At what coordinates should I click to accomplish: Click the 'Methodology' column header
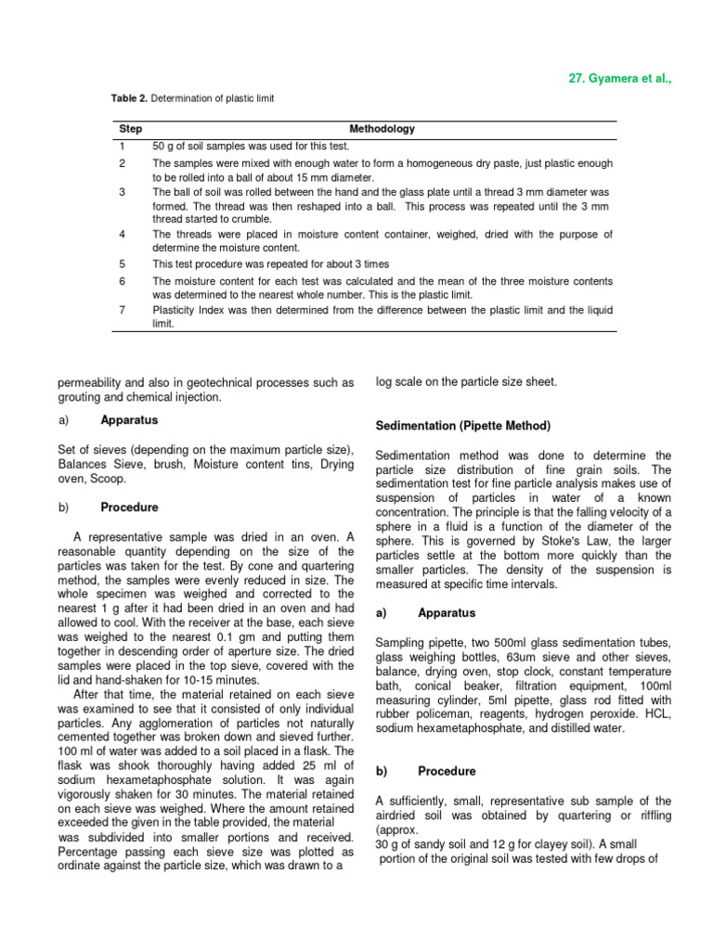tap(382, 129)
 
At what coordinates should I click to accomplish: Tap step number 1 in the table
tap(122, 146)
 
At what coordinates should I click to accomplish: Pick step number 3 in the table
tap(122, 191)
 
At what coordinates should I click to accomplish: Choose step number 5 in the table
tap(122, 263)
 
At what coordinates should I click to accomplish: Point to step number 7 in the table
tap(122, 309)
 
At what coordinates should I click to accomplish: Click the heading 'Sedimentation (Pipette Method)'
tap(463, 426)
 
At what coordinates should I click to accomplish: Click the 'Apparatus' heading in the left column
tap(129, 420)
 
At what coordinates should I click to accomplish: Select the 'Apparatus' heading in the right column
tap(447, 613)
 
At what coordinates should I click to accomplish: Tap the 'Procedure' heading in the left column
tap(129, 507)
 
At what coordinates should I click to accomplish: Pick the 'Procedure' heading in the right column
tap(447, 771)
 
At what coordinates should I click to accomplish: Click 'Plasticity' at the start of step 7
tap(175, 309)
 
